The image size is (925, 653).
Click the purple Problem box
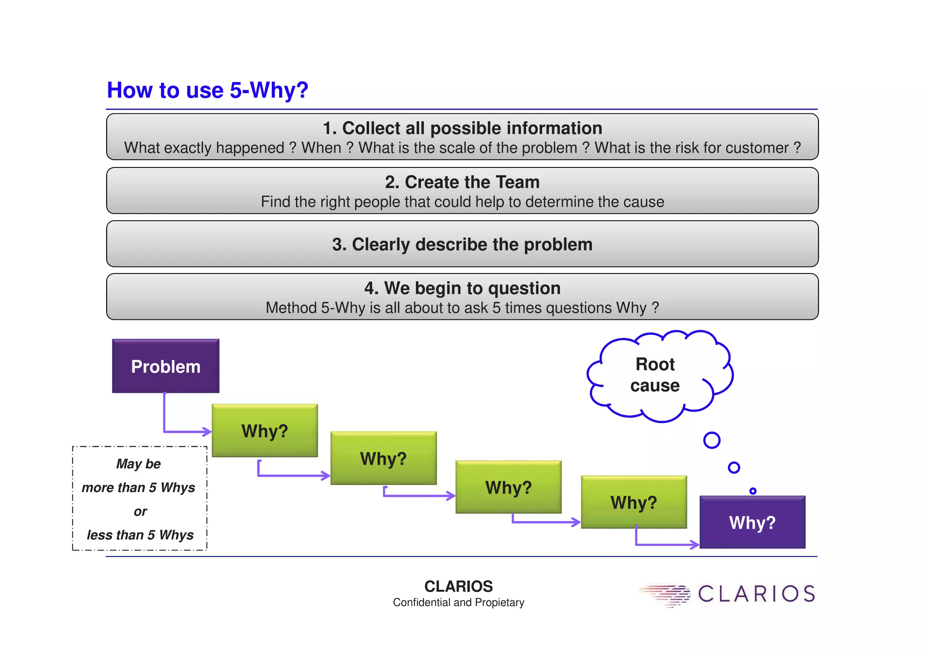pyautogui.click(x=165, y=366)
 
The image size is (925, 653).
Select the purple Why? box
pyautogui.click(x=752, y=522)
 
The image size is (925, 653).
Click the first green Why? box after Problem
pyautogui.click(x=265, y=431)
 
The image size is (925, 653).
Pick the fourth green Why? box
pyautogui.click(x=634, y=502)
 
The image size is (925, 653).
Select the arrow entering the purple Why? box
pyautogui.click(x=664, y=545)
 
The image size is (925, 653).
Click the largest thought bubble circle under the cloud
pyautogui.click(x=712, y=440)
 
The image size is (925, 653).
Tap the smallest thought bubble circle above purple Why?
pyautogui.click(x=752, y=491)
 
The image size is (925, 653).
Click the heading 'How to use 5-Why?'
pyautogui.click(x=207, y=90)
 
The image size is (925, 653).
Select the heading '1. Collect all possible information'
pyautogui.click(x=462, y=128)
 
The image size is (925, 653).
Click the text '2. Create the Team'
pyautogui.click(x=462, y=182)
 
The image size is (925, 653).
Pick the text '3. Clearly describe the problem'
pyautogui.click(x=462, y=244)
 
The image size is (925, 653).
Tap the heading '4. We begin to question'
pyautogui.click(x=462, y=288)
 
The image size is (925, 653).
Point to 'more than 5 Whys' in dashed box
pyautogui.click(x=138, y=487)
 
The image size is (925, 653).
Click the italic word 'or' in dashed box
pyautogui.click(x=140, y=511)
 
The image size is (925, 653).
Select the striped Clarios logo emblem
pyautogui.click(x=666, y=595)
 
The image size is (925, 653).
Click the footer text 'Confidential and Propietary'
pyautogui.click(x=458, y=602)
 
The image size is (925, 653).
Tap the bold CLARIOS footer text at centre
pyautogui.click(x=458, y=586)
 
